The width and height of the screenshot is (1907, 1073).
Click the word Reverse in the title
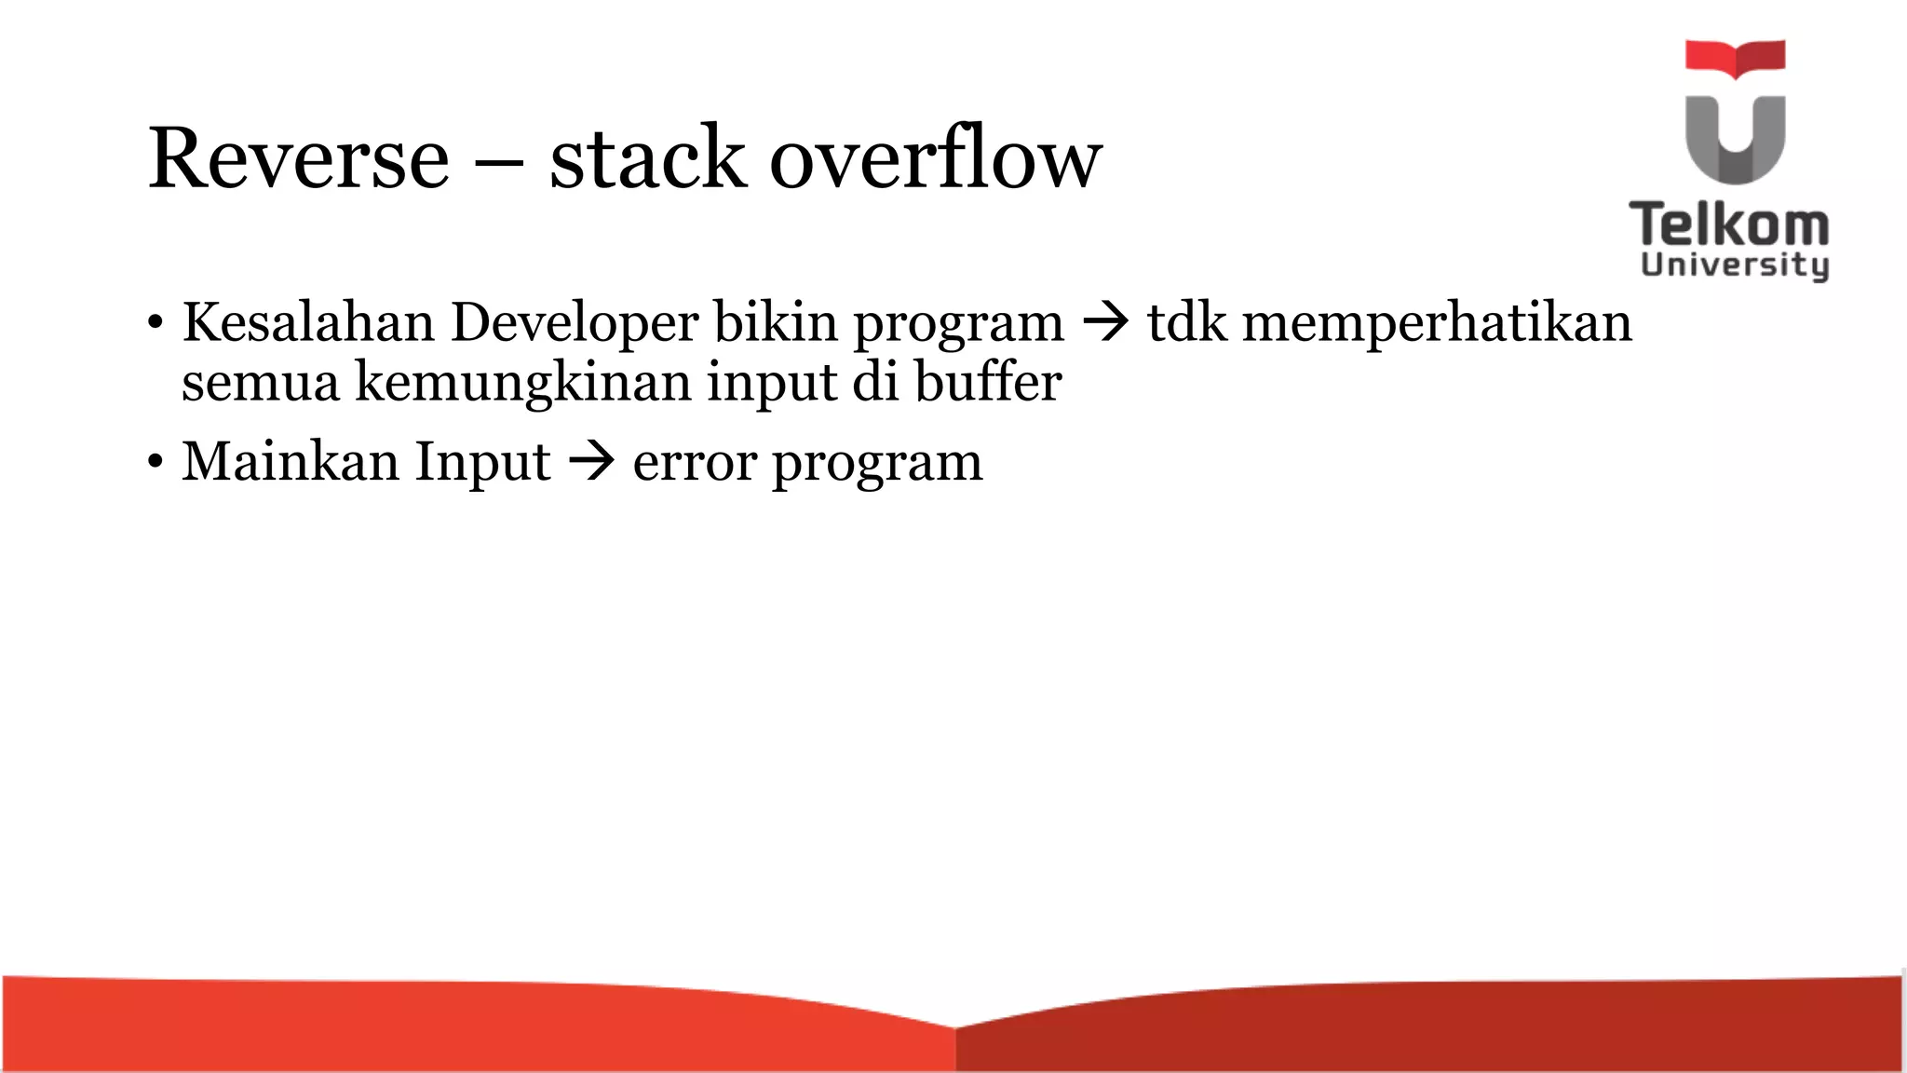point(299,159)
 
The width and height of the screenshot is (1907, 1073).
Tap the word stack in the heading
point(647,159)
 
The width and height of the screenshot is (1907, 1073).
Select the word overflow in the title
point(935,159)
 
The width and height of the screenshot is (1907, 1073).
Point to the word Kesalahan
point(308,323)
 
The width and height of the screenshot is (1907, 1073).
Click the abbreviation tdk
point(1186,323)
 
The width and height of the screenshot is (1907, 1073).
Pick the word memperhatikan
point(1437,323)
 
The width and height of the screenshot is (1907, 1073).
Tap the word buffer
point(988,382)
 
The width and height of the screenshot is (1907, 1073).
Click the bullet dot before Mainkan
point(155,462)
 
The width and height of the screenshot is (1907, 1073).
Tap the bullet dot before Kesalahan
point(155,324)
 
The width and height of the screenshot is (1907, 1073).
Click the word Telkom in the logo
point(1729,225)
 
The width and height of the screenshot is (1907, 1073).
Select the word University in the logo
point(1734,265)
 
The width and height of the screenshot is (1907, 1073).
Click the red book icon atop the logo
point(1735,57)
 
